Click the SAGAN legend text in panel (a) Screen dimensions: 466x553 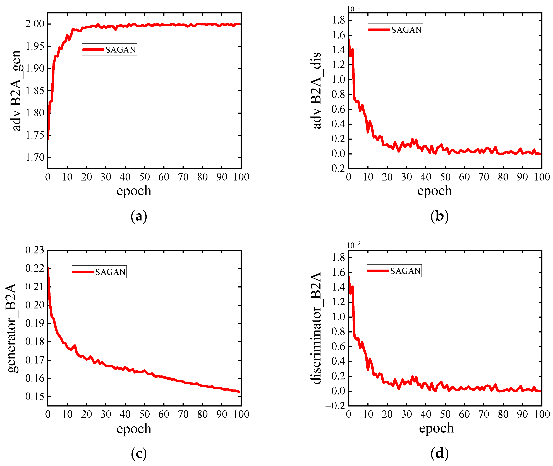click(x=120, y=50)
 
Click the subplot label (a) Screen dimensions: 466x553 click(x=139, y=216)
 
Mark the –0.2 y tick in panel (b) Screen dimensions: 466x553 click(x=335, y=168)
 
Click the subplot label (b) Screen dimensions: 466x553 click(x=439, y=216)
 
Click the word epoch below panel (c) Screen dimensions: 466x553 click(x=134, y=429)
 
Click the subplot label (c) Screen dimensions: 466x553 click(x=139, y=454)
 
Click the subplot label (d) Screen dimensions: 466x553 click(x=439, y=454)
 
